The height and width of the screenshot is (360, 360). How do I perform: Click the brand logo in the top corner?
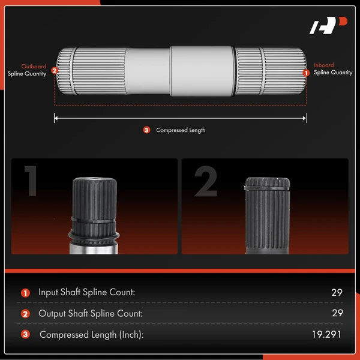(x=328, y=25)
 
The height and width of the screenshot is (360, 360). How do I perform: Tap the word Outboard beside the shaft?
(x=34, y=67)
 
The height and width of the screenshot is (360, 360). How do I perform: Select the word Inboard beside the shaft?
(x=324, y=65)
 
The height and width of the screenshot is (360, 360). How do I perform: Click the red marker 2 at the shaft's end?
(x=55, y=70)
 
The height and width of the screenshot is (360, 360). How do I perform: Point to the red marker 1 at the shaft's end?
(x=306, y=73)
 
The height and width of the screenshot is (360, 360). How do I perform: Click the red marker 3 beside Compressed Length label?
(x=146, y=130)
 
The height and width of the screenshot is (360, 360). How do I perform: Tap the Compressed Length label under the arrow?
(x=181, y=130)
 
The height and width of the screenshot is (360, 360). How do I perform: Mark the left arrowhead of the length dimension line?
(x=56, y=118)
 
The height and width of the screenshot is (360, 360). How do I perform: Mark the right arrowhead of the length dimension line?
(x=305, y=118)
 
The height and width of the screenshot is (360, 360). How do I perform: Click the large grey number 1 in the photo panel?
(x=31, y=181)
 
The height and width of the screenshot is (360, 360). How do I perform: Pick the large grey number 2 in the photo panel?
(x=206, y=181)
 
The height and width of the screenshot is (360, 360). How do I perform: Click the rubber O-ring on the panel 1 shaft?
(x=94, y=236)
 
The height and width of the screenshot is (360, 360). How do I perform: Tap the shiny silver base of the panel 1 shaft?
(x=94, y=249)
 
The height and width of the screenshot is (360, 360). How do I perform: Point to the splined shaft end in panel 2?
(x=267, y=215)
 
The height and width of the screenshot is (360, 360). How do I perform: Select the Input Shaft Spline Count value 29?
(x=337, y=292)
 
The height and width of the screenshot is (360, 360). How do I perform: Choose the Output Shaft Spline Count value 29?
(x=337, y=313)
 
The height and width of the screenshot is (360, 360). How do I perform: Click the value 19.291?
(x=326, y=334)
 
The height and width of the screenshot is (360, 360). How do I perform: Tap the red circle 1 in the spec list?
(x=25, y=293)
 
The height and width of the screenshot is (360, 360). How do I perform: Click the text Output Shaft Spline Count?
(x=91, y=313)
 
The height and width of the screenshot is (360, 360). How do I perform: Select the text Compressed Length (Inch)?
(x=92, y=335)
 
